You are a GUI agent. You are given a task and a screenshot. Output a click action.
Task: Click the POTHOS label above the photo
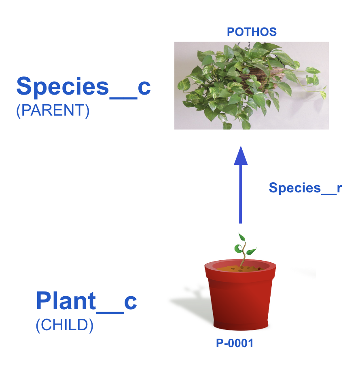coord(252,32)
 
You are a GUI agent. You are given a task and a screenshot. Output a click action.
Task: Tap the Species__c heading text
coord(83,87)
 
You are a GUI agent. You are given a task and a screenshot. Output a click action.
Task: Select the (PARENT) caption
coord(53,110)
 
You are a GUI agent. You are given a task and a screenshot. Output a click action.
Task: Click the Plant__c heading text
coord(87,302)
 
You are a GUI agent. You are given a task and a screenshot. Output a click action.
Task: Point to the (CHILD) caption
coord(64,325)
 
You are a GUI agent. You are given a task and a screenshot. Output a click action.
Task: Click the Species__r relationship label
coord(305,188)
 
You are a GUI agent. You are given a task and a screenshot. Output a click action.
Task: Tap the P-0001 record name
coord(235,343)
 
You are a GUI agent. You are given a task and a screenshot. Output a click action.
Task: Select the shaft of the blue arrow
coord(241,194)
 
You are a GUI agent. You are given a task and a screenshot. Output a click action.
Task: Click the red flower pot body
coord(241,302)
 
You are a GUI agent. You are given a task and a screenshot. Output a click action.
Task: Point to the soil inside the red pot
coord(240,269)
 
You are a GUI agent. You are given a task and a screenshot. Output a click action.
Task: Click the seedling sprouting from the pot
coord(244,251)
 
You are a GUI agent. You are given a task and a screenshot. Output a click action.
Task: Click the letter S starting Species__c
coord(24,86)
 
